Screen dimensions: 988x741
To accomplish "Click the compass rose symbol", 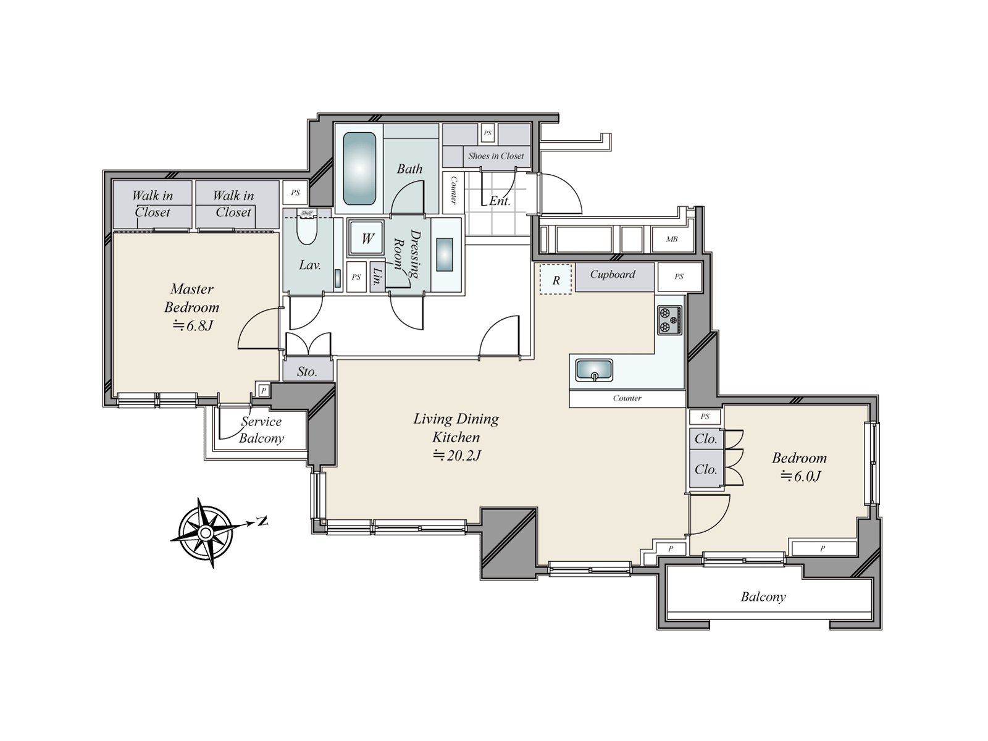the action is [x=206, y=533].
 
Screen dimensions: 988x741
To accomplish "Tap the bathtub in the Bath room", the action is [x=359, y=169].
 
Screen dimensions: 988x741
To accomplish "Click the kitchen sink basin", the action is [x=593, y=371].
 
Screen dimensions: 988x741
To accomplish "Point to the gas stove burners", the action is [x=669, y=320].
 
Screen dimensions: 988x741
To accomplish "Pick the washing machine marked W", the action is [x=367, y=238].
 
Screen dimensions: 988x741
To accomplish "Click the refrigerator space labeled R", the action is [x=555, y=279].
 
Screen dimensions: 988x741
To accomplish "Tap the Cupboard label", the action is [x=612, y=274].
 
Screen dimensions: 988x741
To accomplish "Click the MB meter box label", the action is [x=672, y=239].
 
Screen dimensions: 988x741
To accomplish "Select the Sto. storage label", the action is [x=307, y=372].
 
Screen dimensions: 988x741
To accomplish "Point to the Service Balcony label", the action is [x=261, y=430].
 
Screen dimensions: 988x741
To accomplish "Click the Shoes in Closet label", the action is [x=496, y=156].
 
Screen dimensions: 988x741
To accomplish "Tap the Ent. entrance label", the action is [x=500, y=201].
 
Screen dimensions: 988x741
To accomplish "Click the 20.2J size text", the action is [x=457, y=455].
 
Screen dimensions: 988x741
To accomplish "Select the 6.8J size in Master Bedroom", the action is [x=192, y=325].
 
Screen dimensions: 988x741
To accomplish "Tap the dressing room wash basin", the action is [x=444, y=254].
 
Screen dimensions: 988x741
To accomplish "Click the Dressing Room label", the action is [x=408, y=254].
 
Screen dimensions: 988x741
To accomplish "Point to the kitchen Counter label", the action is [x=627, y=398].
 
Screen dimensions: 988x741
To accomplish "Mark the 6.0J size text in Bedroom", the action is [x=801, y=475].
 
